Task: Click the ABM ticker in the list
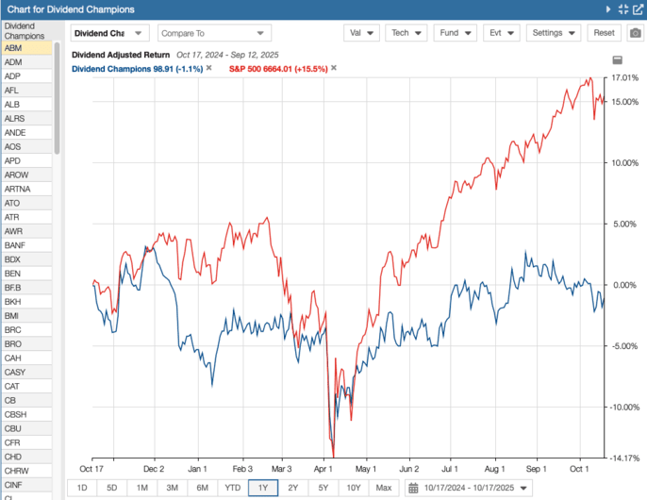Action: click(x=13, y=47)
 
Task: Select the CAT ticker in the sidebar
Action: click(x=12, y=386)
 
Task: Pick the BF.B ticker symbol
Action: click(x=13, y=287)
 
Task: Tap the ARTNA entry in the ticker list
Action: click(x=17, y=189)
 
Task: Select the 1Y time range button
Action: click(x=262, y=487)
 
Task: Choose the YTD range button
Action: click(x=232, y=487)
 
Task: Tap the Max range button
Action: click(x=383, y=487)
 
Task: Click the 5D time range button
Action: click(x=111, y=487)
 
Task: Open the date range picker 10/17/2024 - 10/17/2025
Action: click(x=469, y=487)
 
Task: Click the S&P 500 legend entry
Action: click(x=278, y=69)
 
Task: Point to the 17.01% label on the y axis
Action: click(x=623, y=78)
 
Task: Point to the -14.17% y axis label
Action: click(x=622, y=458)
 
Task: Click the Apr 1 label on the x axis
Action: click(x=323, y=468)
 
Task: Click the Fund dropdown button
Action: click(x=456, y=32)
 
